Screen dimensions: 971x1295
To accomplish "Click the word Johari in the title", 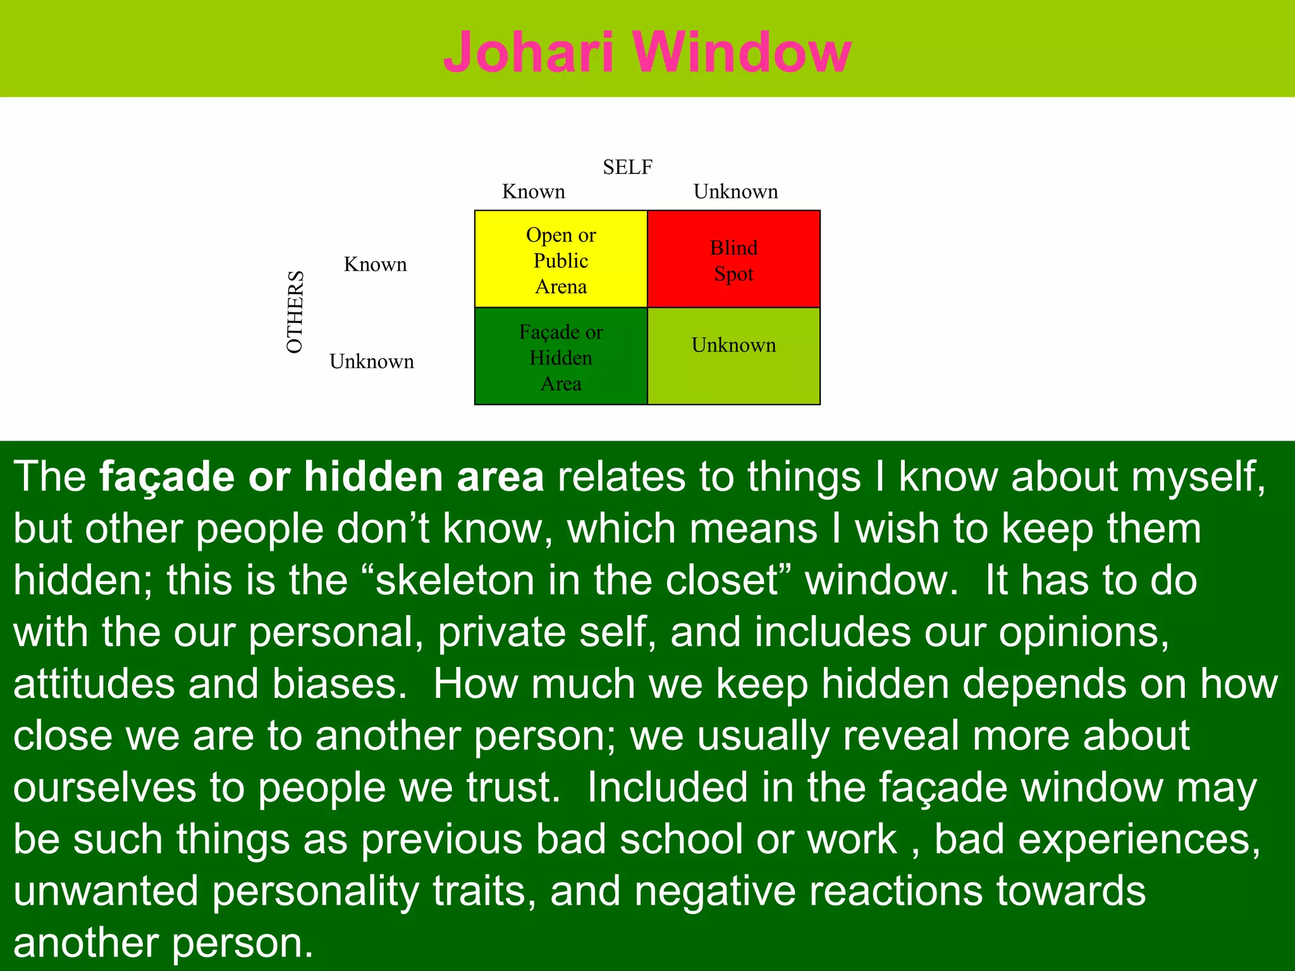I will pyautogui.click(x=529, y=52).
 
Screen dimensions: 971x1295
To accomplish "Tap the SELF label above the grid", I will pyautogui.click(x=627, y=167).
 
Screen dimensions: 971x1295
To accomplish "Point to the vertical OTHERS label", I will pyautogui.click(x=295, y=312).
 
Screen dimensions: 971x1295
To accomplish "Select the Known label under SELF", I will pyautogui.click(x=533, y=192).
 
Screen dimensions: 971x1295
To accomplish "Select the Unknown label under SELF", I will pyautogui.click(x=735, y=192).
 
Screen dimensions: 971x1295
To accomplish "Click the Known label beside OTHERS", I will pyautogui.click(x=375, y=264).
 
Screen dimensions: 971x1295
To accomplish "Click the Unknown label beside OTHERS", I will pyautogui.click(x=372, y=362).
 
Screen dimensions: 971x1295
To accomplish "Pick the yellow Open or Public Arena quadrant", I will pyautogui.click(x=561, y=260).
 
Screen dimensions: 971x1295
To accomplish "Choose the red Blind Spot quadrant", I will pyautogui.click(x=733, y=260).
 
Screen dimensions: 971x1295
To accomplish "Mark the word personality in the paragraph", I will pyautogui.click(x=316, y=891).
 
